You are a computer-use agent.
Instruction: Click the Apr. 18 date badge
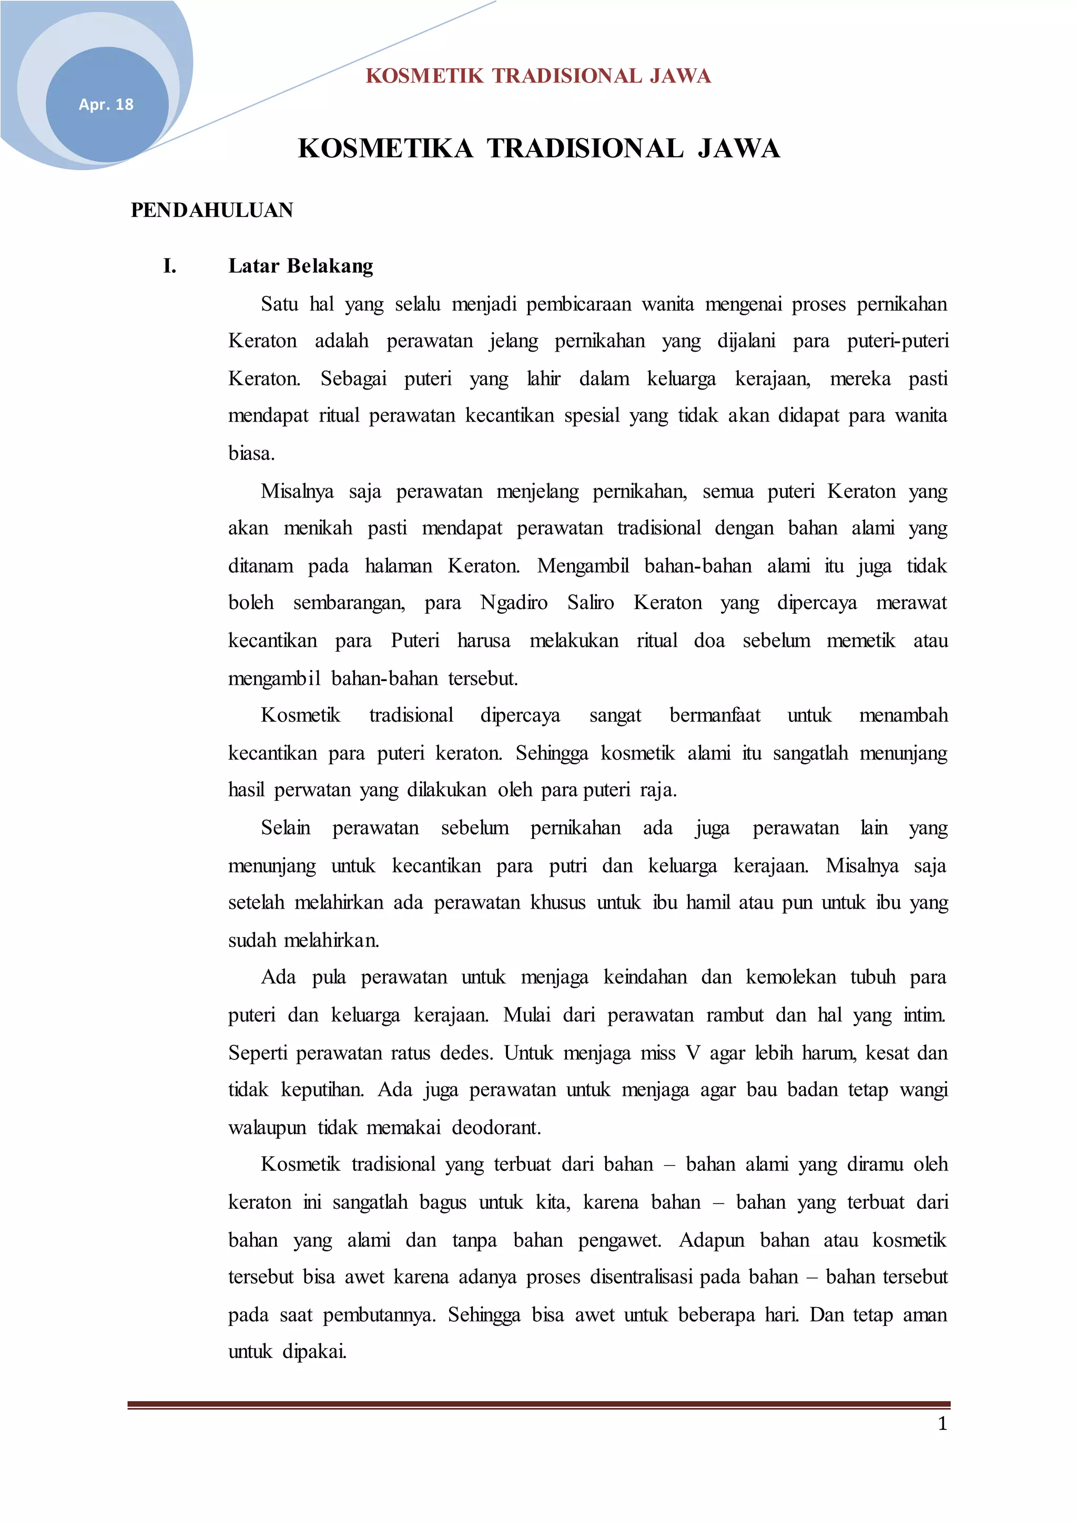106,104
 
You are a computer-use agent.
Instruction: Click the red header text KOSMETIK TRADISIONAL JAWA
538,76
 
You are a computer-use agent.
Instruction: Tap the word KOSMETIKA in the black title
385,149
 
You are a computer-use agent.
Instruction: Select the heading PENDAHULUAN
211,210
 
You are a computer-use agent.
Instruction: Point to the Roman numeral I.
170,266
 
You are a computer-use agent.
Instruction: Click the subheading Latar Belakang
300,266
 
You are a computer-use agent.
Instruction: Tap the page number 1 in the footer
942,1424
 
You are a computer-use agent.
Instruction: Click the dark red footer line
538,1404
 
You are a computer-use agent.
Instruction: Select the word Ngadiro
514,603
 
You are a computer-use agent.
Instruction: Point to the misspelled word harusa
483,640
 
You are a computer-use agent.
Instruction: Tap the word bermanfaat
715,715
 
